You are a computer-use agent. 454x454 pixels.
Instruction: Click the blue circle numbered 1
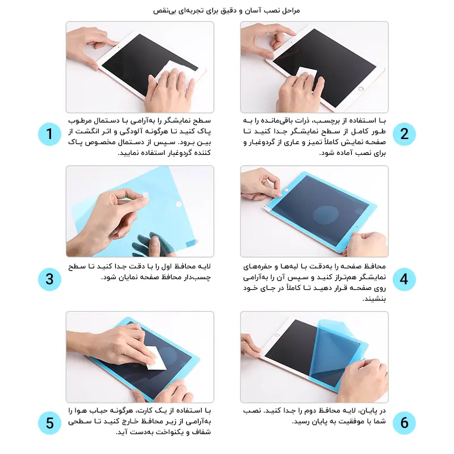coord(49,134)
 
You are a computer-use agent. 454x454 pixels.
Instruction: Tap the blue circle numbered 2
coord(404,134)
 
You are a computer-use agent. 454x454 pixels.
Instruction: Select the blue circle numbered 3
coord(49,279)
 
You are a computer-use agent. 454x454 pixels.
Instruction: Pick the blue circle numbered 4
coord(404,279)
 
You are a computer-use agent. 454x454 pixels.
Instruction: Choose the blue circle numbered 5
coord(49,423)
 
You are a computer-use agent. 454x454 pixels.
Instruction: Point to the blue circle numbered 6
coord(404,423)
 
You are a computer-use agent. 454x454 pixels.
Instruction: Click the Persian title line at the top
coord(226,11)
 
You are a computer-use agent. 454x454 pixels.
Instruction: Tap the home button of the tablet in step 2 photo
coord(361,89)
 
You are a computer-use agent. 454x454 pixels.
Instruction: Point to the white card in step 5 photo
coord(155,359)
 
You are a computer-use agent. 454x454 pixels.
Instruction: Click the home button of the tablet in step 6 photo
coord(277,335)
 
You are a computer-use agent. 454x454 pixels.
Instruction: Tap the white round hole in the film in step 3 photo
coord(179,204)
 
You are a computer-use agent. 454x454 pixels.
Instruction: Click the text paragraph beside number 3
coord(140,272)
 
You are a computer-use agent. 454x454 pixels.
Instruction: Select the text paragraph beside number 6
coord(314,416)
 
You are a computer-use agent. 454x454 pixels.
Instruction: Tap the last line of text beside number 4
coord(374,299)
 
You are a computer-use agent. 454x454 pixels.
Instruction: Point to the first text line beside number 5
coord(140,410)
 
